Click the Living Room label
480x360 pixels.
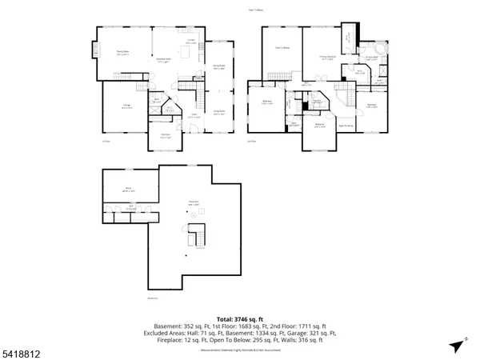[218, 113]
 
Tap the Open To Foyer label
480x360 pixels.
[346, 126]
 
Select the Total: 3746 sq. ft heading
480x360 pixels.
[240, 317]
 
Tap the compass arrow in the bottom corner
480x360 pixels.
[454, 345]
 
